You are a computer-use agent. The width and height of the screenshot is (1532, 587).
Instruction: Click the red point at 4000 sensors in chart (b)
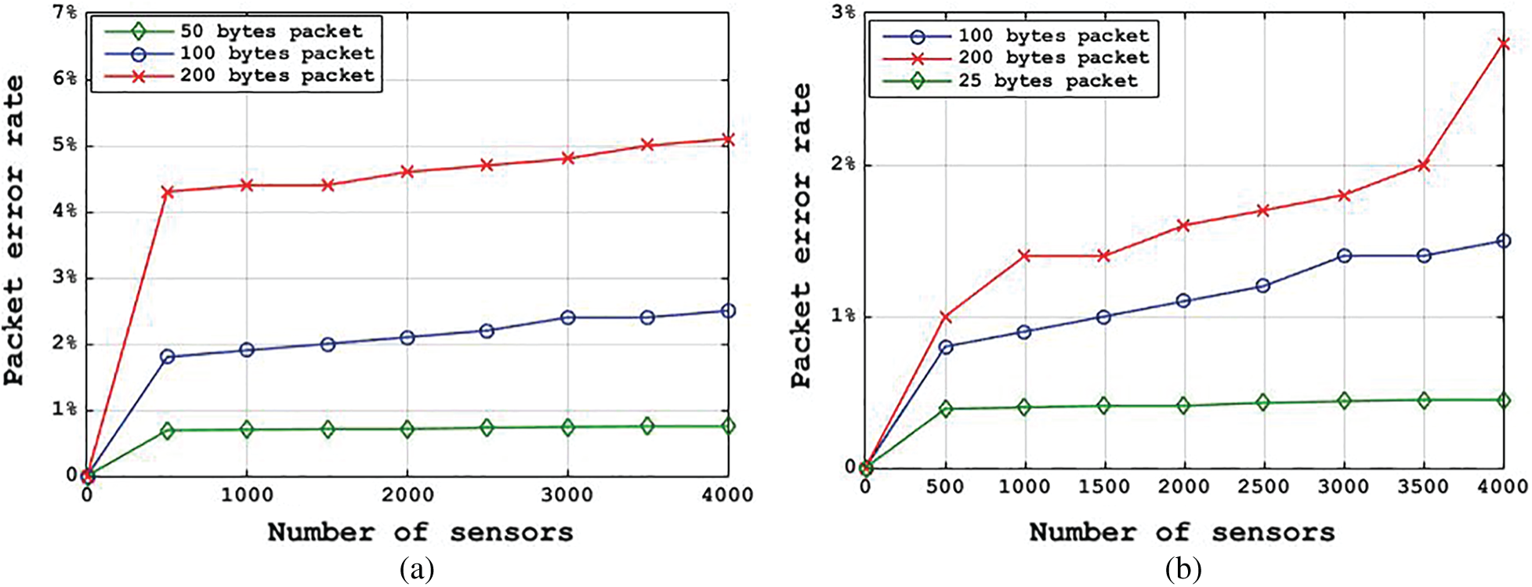(1503, 44)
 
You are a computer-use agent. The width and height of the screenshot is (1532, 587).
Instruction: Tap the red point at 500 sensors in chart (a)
(167, 192)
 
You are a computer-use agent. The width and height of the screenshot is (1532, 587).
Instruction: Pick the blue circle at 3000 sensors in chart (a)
(567, 317)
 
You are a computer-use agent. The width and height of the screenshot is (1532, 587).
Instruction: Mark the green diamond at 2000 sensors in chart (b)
(1183, 405)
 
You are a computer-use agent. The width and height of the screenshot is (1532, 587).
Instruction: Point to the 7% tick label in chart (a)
(64, 13)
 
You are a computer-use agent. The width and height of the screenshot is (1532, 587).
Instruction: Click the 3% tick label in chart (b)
(843, 13)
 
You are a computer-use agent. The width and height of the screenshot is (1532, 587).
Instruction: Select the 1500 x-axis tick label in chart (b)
(1103, 487)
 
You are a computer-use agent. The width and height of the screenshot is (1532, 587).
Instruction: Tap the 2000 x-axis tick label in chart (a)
(407, 495)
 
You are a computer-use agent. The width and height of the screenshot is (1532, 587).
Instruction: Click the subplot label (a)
(416, 569)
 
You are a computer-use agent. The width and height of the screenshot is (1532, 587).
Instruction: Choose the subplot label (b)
(1183, 569)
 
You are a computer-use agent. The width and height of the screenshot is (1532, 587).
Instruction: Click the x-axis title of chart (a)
(420, 533)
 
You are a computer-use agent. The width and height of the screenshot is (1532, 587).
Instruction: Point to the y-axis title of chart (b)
(801, 235)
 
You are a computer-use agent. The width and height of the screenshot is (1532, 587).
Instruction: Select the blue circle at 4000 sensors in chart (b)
(1503, 241)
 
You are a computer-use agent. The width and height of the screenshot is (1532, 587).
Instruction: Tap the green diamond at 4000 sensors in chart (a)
(728, 426)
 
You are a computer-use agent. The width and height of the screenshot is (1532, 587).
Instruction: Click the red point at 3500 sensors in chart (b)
(1423, 165)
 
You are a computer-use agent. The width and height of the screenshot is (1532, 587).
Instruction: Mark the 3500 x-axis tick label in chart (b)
(1423, 487)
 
